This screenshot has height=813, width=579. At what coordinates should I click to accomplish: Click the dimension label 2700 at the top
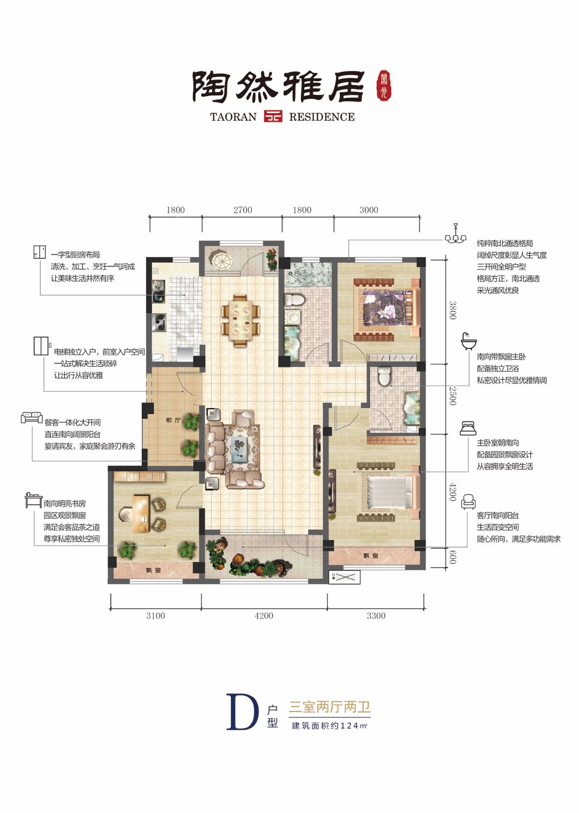pyautogui.click(x=243, y=210)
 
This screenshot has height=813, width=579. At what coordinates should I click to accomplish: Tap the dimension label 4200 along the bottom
pyautogui.click(x=263, y=615)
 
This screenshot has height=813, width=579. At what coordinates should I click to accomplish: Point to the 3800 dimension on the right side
pyautogui.click(x=452, y=310)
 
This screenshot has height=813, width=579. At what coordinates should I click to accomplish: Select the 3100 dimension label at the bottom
pyautogui.click(x=156, y=615)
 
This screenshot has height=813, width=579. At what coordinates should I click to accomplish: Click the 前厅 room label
pyautogui.click(x=173, y=420)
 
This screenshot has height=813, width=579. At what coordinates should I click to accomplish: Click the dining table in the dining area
pyautogui.click(x=241, y=321)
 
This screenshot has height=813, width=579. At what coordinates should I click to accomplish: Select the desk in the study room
pyautogui.click(x=140, y=514)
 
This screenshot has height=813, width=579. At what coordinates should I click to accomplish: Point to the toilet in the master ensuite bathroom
pyautogui.click(x=384, y=377)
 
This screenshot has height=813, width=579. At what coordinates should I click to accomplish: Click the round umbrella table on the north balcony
pyautogui.click(x=220, y=259)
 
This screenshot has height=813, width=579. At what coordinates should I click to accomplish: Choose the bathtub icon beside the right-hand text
pyautogui.click(x=468, y=340)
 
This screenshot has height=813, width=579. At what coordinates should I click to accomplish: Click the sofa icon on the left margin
pyautogui.click(x=32, y=417)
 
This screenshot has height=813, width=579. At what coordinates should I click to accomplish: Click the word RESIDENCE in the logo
pyautogui.click(x=322, y=117)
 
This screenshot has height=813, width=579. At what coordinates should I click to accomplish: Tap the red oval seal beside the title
pyautogui.click(x=385, y=85)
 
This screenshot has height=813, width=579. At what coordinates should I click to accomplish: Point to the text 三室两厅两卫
pyautogui.click(x=329, y=707)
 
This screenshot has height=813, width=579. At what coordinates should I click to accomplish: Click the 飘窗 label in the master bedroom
pyautogui.click(x=371, y=556)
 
